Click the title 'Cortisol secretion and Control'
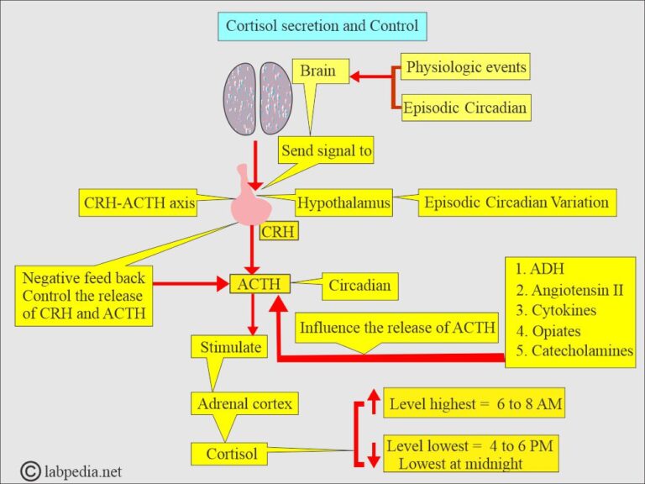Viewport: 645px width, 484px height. (322, 26)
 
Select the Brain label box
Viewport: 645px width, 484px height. (317, 71)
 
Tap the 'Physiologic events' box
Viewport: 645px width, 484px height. (466, 66)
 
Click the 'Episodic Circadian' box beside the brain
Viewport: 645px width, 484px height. (466, 108)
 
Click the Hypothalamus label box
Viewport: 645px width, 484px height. (343, 203)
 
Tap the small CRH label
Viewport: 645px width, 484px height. (278, 231)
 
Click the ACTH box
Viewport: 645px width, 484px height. (260, 284)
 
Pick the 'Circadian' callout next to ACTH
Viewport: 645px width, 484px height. (359, 285)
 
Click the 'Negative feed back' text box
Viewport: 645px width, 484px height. (83, 296)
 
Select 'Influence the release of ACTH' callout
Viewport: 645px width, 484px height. (398, 328)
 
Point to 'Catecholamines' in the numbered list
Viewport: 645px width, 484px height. (574, 351)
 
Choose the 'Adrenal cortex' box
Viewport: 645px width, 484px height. (244, 404)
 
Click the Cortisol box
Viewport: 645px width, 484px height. (232, 455)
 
